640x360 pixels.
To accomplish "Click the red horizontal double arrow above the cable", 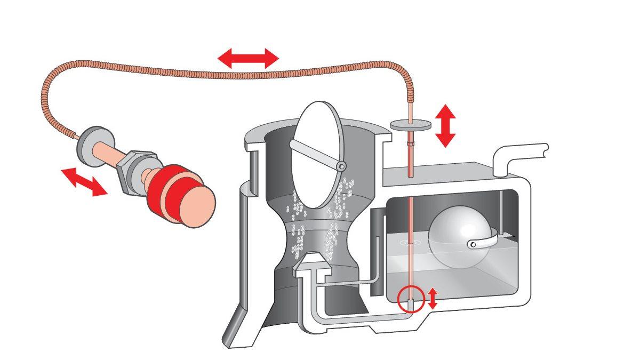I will (248, 58).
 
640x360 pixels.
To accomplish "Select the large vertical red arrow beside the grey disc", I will (445, 126).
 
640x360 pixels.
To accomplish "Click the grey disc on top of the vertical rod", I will (410, 125).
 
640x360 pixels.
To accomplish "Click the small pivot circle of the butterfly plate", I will (340, 167).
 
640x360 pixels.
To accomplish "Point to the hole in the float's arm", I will (472, 245).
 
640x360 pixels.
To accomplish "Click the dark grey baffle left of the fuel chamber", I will (377, 251).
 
